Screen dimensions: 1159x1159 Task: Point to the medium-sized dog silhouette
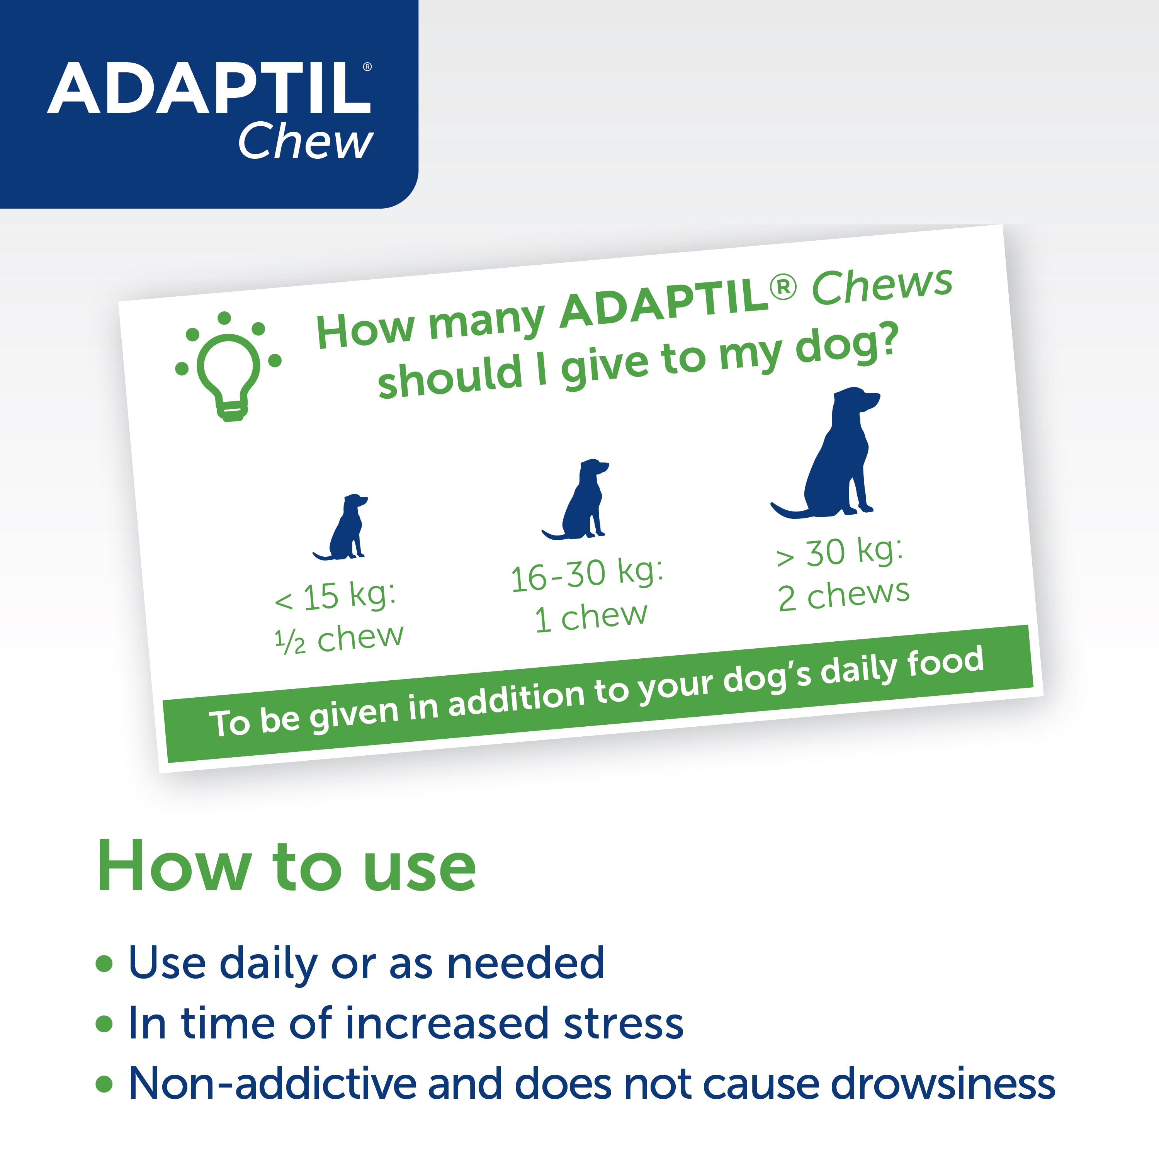(581, 501)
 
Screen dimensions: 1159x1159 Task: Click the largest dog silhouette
(834, 456)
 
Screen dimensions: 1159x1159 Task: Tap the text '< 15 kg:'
(335, 596)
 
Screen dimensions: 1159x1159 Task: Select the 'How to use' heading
(286, 867)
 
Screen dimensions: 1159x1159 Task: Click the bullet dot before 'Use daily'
(104, 964)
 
